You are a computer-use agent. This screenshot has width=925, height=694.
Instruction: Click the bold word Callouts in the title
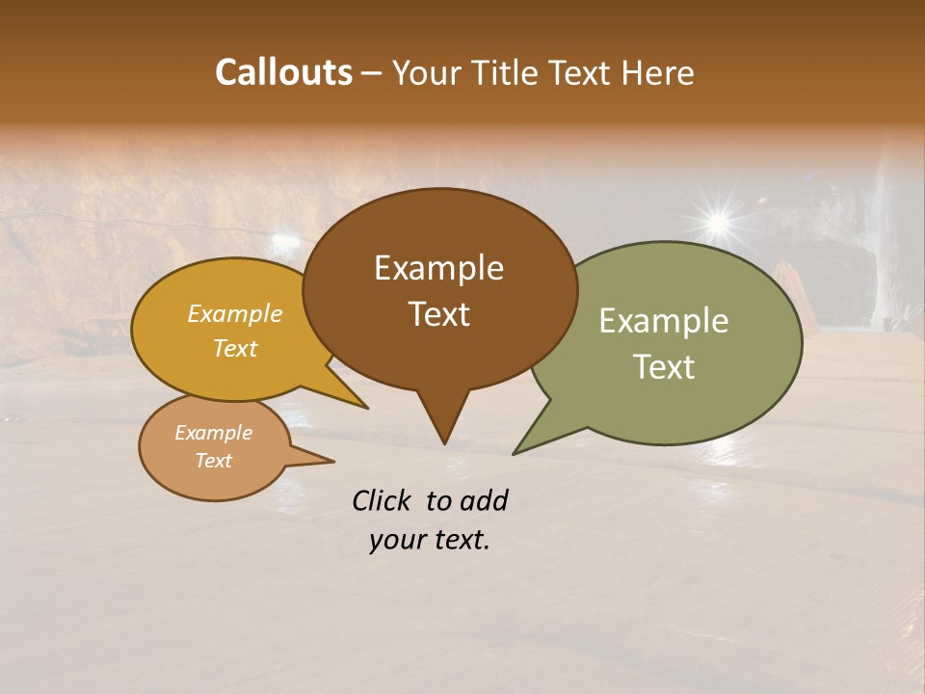[283, 72]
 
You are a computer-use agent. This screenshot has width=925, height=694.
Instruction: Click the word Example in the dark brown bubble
[438, 268]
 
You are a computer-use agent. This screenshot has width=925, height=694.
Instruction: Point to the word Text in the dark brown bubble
[438, 314]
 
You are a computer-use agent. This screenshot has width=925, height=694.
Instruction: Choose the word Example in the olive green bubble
[664, 321]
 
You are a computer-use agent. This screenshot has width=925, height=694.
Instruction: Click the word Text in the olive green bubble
[664, 367]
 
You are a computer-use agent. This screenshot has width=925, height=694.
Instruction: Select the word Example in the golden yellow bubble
[235, 314]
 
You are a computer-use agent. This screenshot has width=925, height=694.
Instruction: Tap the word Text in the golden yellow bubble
[235, 349]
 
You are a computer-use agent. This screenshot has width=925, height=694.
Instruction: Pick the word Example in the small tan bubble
[213, 433]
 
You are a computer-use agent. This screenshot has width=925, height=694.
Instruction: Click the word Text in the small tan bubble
[213, 461]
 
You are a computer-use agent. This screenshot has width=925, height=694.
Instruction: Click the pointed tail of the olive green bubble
[520, 449]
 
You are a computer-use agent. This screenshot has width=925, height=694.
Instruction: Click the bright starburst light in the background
[717, 223]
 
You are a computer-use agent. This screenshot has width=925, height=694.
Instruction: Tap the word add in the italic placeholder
[486, 500]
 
